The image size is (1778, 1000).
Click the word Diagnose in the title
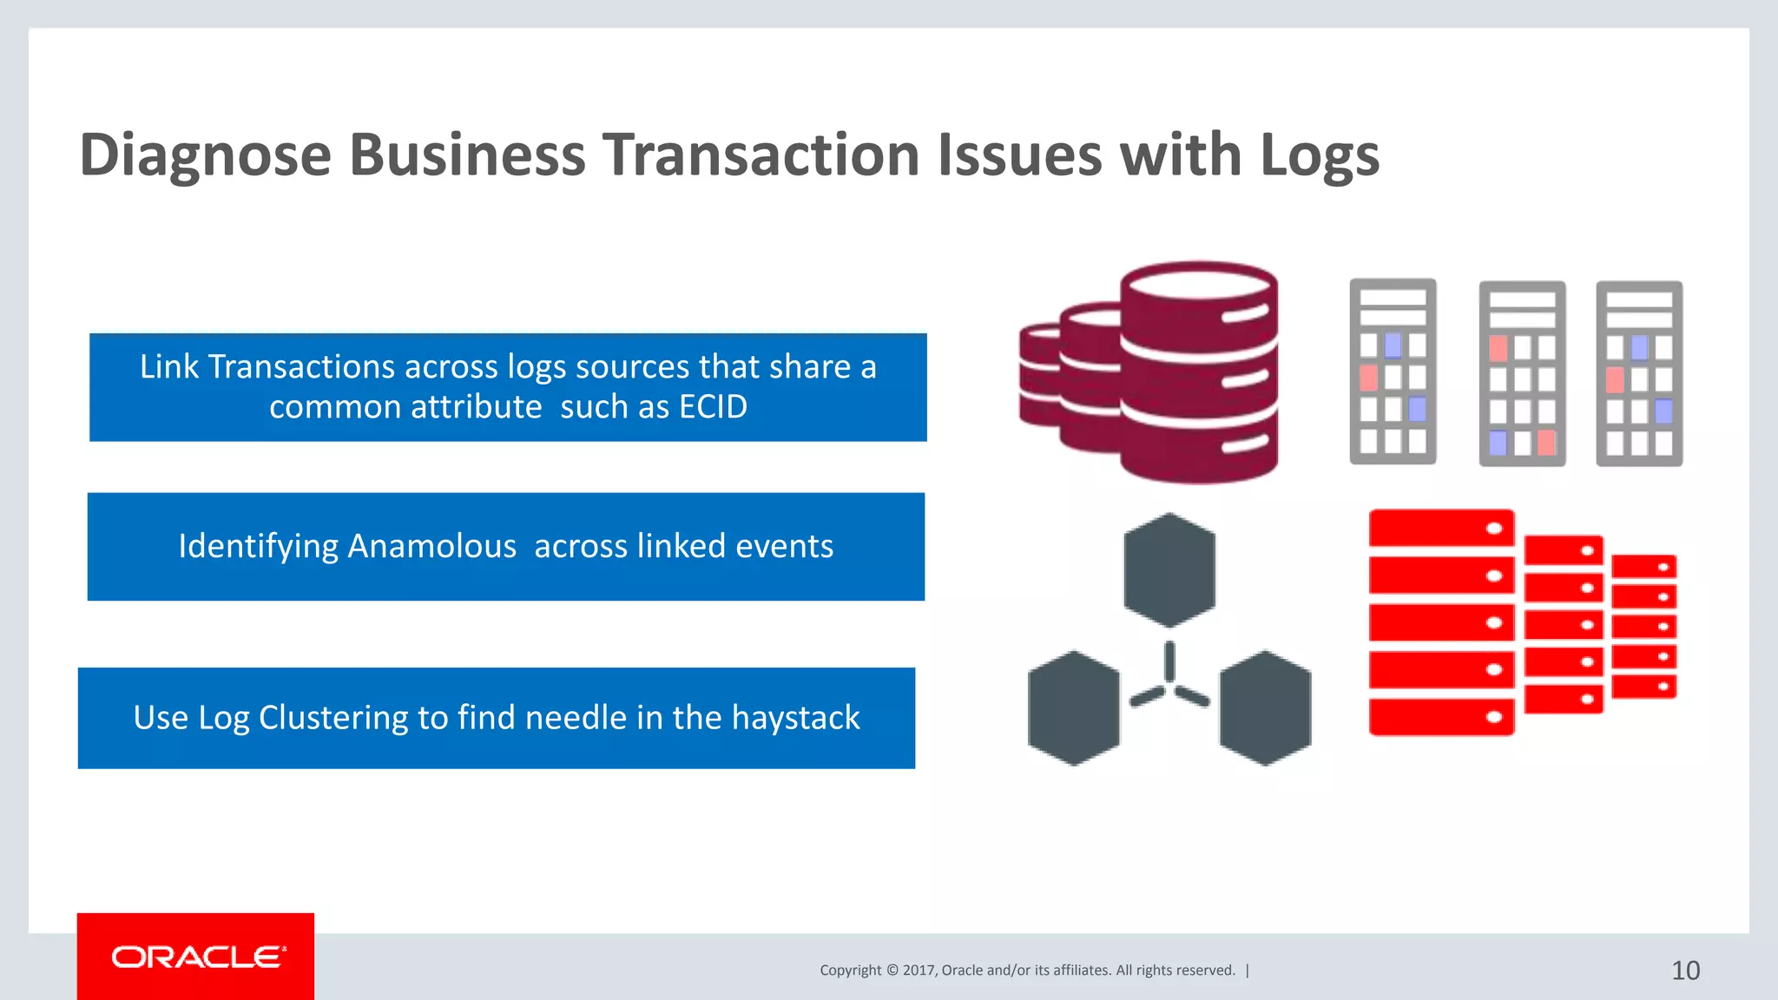205,156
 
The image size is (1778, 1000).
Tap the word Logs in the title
1319,156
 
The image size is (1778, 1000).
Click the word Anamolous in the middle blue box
431,546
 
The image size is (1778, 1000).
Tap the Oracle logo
197,957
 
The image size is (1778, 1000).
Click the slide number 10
1685,970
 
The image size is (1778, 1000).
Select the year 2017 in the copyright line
919,970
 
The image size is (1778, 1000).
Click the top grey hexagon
1169,570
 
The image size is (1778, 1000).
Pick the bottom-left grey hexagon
1073,707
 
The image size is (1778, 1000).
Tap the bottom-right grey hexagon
1265,707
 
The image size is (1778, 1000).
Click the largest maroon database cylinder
1198,373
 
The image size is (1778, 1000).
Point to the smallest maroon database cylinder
1037,375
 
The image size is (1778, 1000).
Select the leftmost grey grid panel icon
1393,372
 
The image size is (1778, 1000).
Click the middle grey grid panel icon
1522,373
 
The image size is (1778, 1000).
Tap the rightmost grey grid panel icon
1639,373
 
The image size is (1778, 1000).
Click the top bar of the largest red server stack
1441,528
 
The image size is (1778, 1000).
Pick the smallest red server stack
1643,626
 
